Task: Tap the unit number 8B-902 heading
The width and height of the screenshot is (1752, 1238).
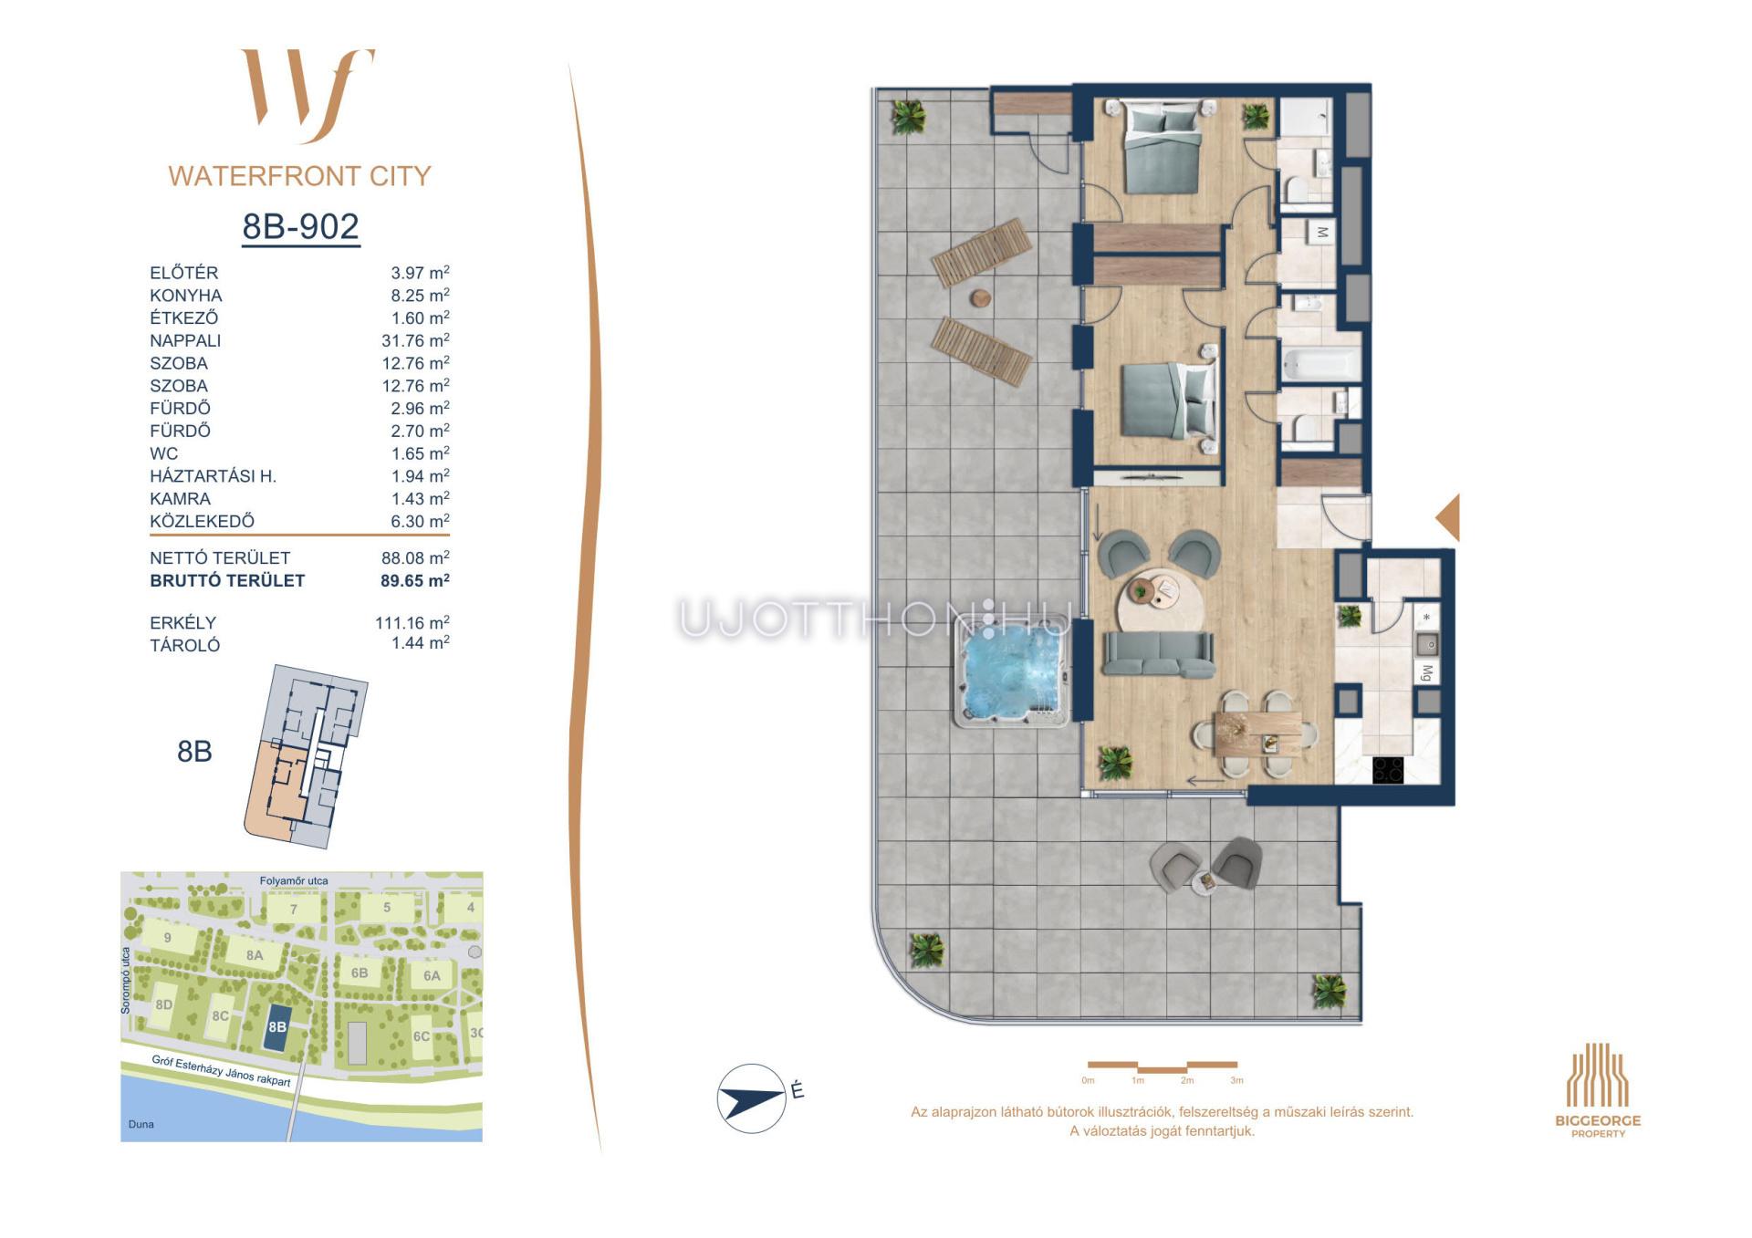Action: (x=301, y=226)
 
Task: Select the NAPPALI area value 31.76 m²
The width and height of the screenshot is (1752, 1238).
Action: (x=415, y=340)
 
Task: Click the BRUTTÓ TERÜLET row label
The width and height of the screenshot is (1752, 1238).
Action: (x=227, y=580)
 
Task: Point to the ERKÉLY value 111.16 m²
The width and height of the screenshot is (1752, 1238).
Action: (x=412, y=622)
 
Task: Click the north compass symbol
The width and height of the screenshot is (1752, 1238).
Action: (x=752, y=1098)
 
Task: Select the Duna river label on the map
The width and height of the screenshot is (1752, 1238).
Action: (x=141, y=1124)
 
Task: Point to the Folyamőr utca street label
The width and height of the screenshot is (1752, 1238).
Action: (x=294, y=880)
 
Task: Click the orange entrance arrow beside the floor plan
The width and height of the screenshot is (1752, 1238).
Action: (x=1448, y=517)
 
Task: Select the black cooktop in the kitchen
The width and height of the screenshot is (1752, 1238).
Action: (x=1388, y=770)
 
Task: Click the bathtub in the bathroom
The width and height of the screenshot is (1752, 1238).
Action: (x=1321, y=365)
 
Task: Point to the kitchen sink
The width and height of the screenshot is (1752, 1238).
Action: (x=1427, y=644)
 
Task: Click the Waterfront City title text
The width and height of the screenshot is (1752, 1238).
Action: (x=299, y=176)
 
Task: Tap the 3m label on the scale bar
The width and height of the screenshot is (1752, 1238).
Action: (x=1236, y=1080)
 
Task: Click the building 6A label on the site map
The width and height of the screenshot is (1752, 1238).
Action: (x=432, y=975)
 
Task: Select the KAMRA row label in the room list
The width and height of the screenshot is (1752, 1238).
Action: (x=181, y=499)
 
